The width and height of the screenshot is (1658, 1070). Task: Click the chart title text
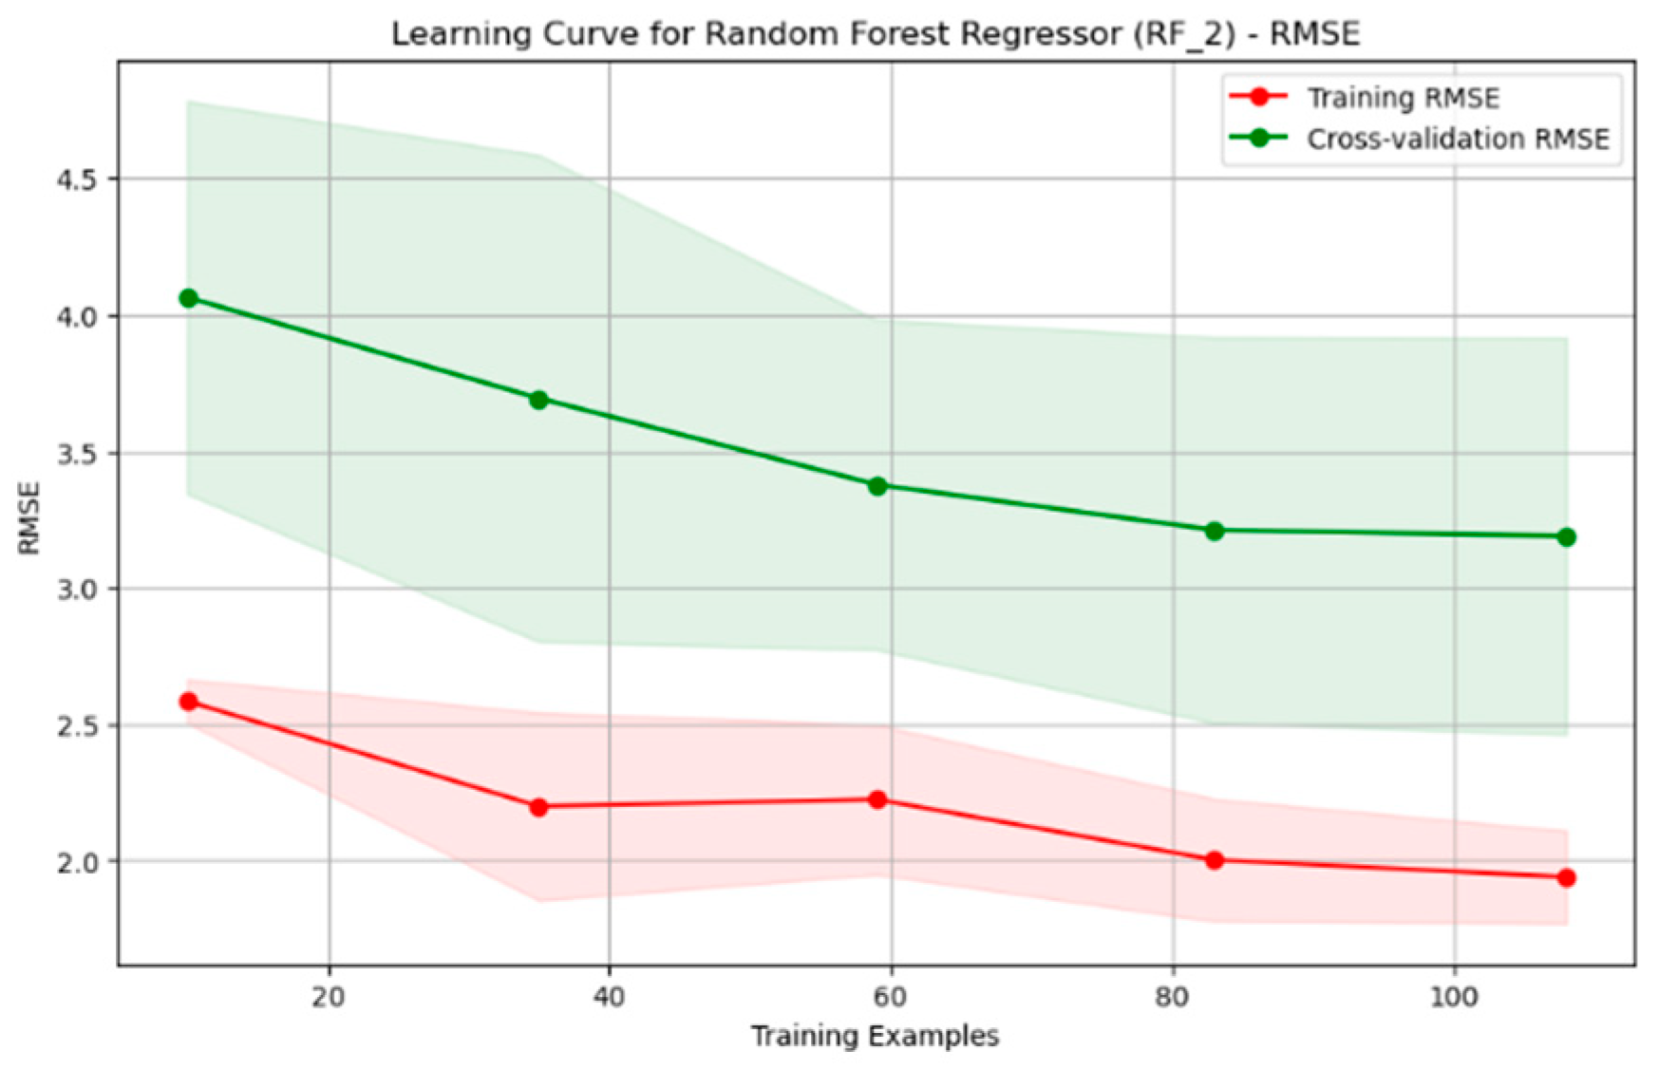point(876,34)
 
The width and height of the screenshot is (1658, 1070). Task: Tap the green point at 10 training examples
point(188,298)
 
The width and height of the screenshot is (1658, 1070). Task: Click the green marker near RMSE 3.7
point(538,400)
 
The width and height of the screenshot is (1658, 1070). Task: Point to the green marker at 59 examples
point(877,486)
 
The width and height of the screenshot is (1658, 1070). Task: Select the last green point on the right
point(1566,537)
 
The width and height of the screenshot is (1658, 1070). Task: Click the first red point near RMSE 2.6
point(188,702)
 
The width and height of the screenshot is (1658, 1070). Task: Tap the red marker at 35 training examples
point(538,807)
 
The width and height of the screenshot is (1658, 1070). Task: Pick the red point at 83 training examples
point(1214,860)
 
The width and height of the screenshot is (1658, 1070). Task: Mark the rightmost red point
point(1566,878)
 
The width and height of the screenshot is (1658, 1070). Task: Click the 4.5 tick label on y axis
point(78,179)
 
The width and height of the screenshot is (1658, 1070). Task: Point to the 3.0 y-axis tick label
point(78,589)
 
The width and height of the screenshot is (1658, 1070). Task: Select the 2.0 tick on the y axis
point(78,862)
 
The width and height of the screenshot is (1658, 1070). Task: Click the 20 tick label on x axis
point(329,997)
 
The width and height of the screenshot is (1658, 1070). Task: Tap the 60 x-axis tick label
point(891,997)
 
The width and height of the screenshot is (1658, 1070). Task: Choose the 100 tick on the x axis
point(1454,997)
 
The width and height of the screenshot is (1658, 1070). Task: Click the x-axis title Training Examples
point(875,1036)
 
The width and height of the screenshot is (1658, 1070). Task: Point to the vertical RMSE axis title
point(29,518)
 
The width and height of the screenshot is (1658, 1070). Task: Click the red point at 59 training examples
point(877,800)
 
